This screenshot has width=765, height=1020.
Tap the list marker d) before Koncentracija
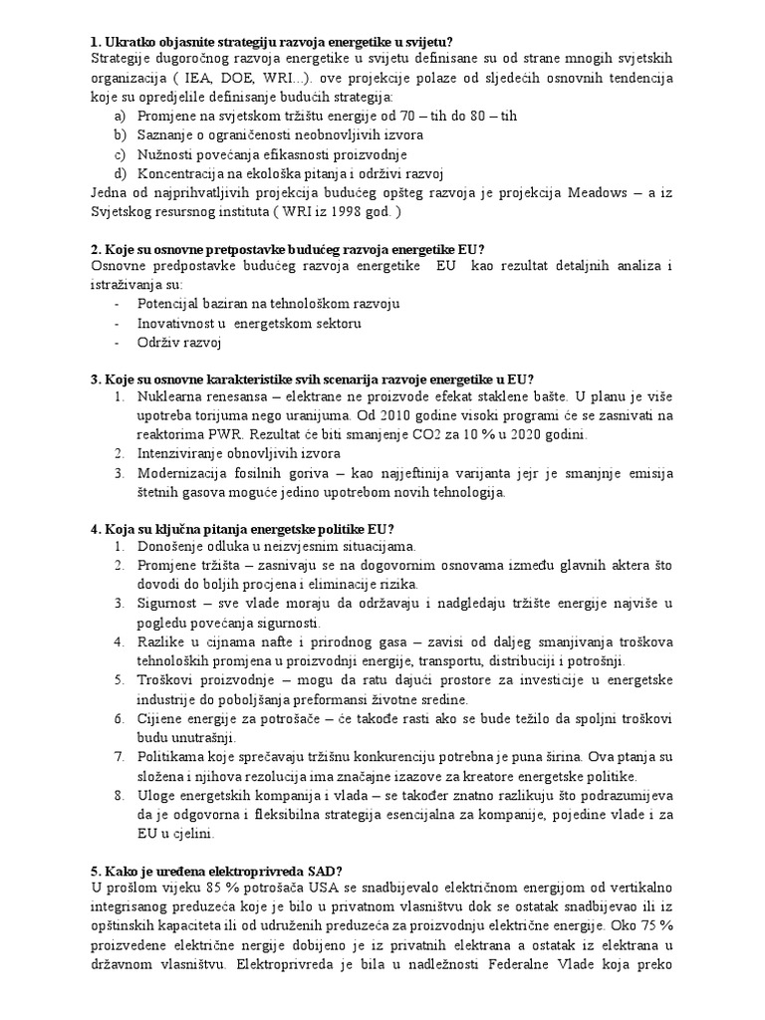121,173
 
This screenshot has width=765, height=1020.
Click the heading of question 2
288,249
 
